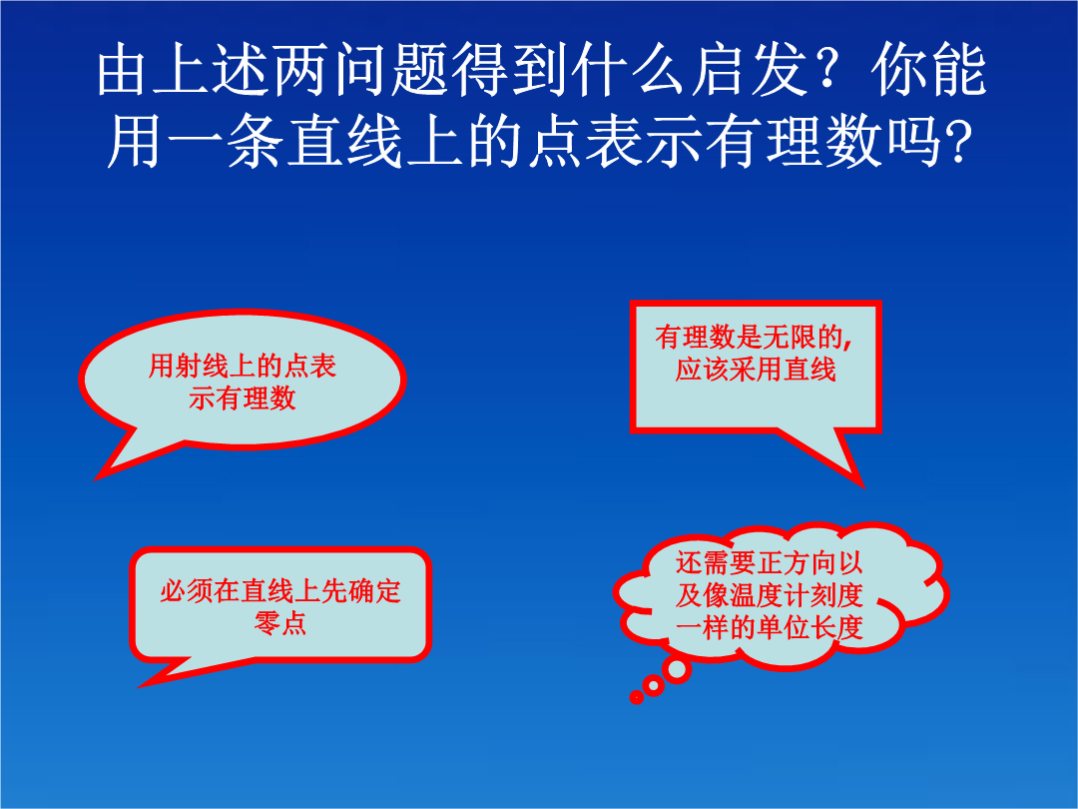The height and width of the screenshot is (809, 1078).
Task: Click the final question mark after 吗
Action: tap(958, 143)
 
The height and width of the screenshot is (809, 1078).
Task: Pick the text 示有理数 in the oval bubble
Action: tap(242, 399)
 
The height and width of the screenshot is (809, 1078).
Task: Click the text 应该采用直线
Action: tap(755, 370)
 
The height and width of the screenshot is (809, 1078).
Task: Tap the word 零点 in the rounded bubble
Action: tap(280, 623)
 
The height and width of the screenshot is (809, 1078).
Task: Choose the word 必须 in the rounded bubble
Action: tap(187, 591)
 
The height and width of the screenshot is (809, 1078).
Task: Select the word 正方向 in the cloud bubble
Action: tap(796, 562)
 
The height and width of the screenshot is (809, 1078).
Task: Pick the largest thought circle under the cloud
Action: tap(677, 669)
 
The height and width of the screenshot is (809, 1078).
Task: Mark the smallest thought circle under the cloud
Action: tap(637, 697)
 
